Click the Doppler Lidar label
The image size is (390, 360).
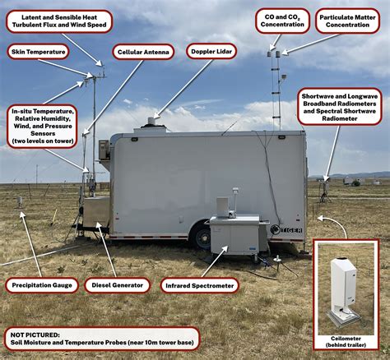click(x=211, y=51)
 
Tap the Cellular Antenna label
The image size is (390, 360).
click(x=143, y=52)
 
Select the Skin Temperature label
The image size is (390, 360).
click(x=38, y=52)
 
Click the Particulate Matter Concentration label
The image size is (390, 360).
click(x=347, y=21)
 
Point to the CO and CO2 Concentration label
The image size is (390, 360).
click(x=282, y=21)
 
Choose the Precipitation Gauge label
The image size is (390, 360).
click(x=42, y=285)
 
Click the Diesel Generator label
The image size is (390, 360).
click(x=117, y=285)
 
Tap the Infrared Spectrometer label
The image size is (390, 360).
click(x=199, y=286)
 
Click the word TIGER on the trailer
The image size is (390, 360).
click(x=291, y=230)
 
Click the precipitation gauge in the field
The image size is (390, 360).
click(x=19, y=203)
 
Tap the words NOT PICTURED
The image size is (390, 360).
click(x=35, y=335)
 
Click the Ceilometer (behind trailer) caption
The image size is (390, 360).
click(x=346, y=342)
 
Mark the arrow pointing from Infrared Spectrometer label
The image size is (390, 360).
click(x=215, y=261)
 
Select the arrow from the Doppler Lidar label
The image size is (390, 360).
click(x=183, y=89)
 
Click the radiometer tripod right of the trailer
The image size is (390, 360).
click(x=325, y=191)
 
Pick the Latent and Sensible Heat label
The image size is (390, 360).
click(x=59, y=21)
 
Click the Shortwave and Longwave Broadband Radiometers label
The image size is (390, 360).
click(x=340, y=107)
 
